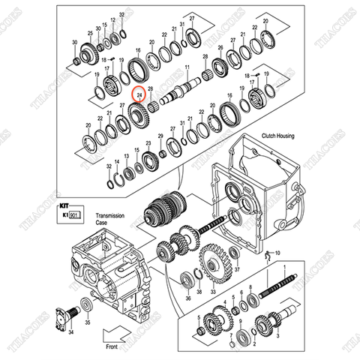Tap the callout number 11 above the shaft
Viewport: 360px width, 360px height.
tap(186, 68)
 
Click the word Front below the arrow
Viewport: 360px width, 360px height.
tap(111, 347)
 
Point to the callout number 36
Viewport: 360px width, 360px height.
tap(188, 297)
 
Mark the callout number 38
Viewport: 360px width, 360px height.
tap(199, 291)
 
